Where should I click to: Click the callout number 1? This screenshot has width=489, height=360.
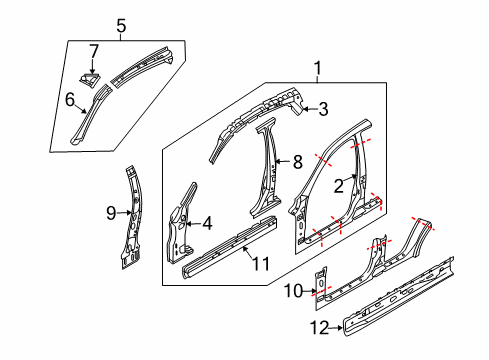(319, 69)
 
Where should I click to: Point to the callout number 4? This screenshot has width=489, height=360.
(207, 224)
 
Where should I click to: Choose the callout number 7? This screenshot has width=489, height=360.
(93, 50)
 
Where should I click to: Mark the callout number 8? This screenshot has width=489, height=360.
(297, 160)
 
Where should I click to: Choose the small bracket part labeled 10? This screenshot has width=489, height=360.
(321, 282)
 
